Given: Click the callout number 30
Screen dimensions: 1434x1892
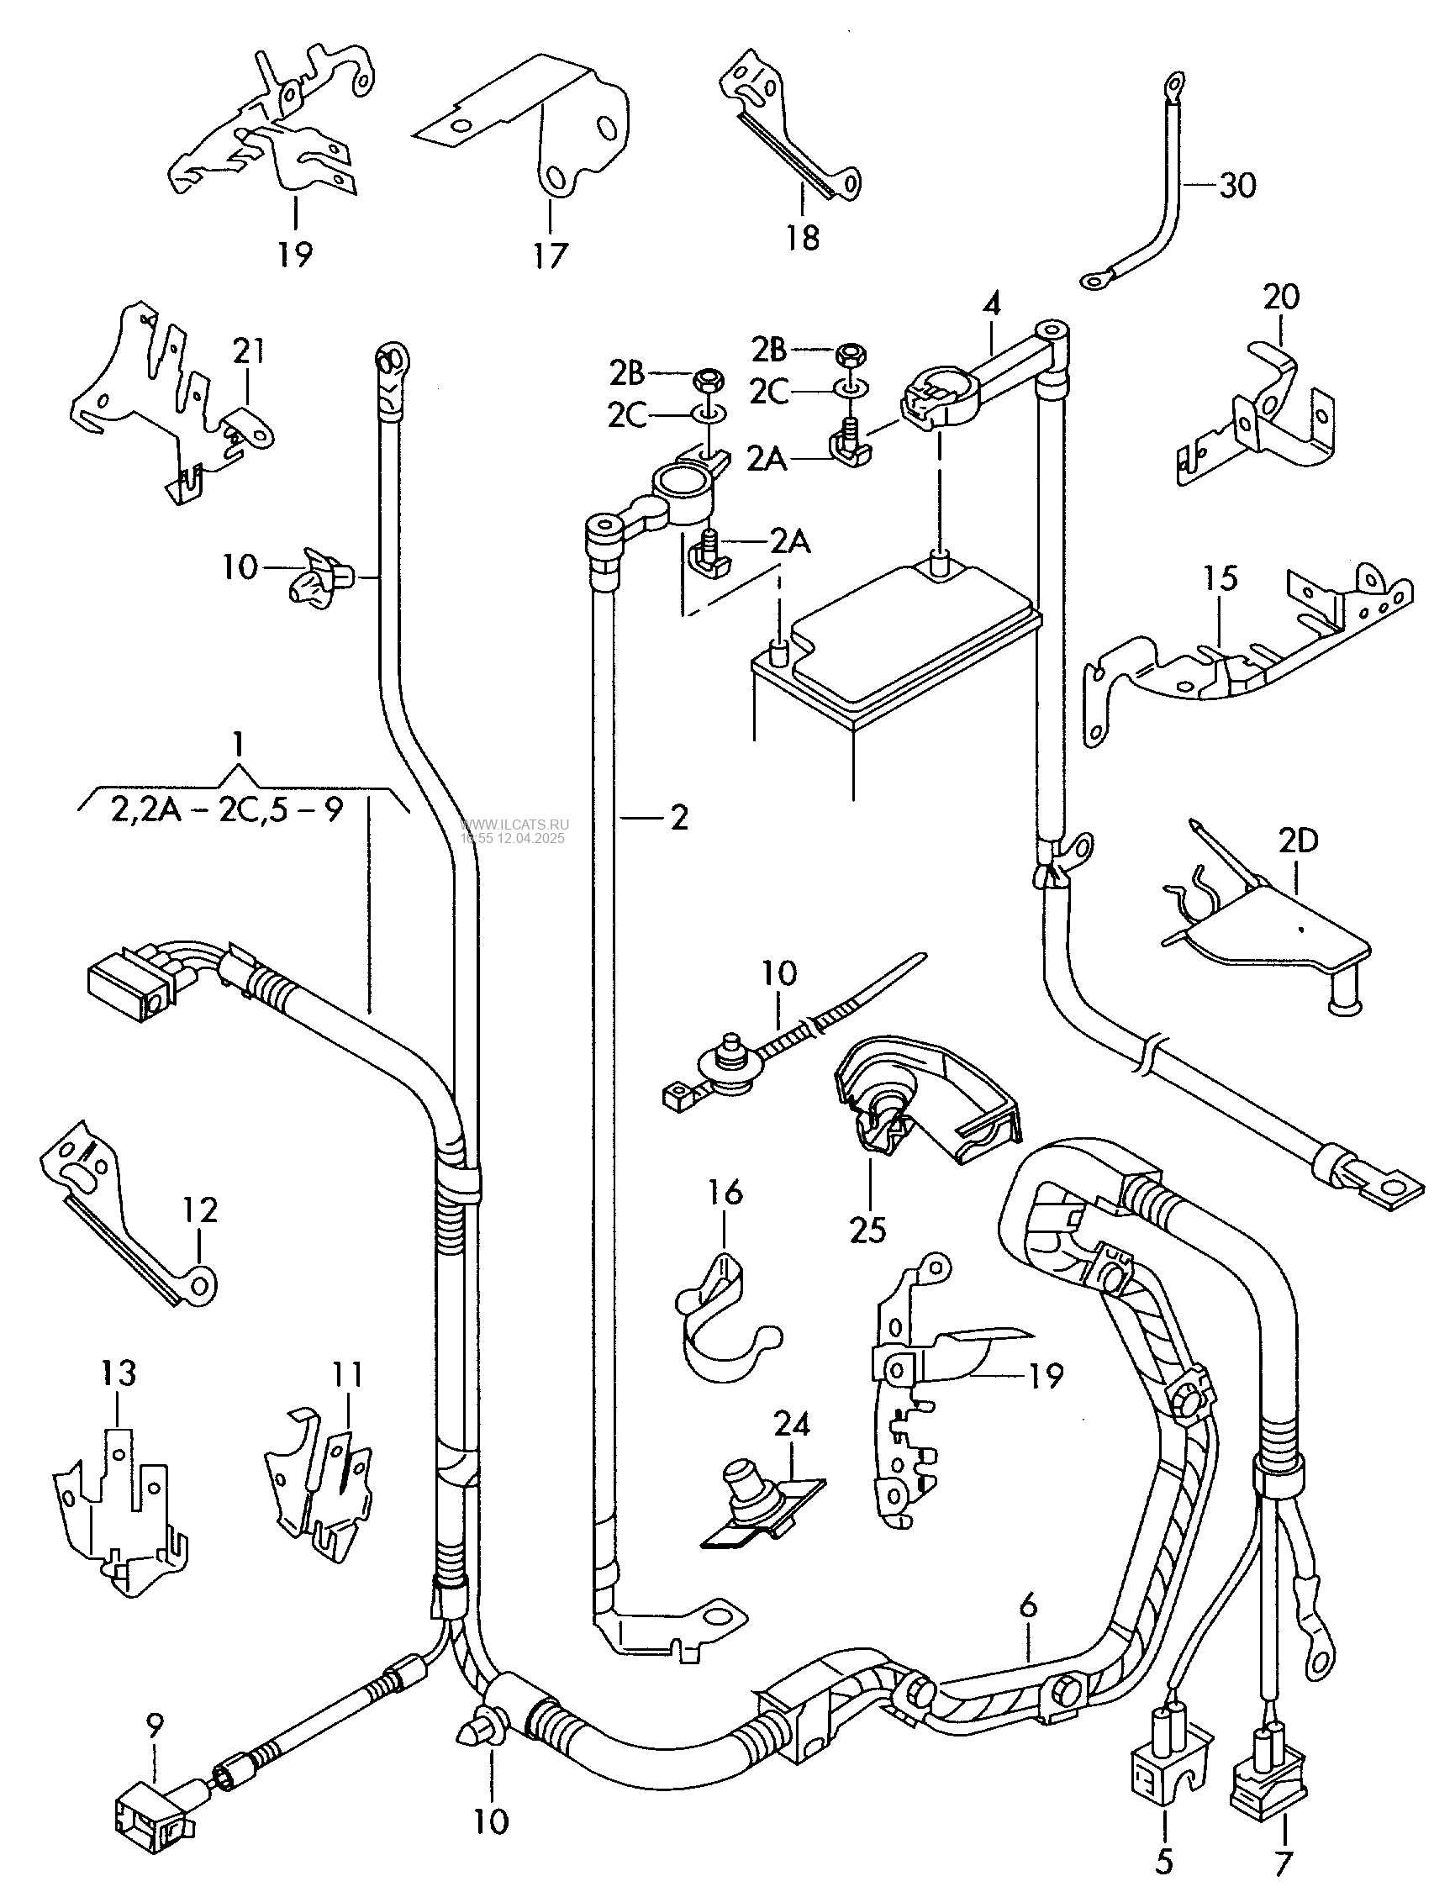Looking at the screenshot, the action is coord(1238,186).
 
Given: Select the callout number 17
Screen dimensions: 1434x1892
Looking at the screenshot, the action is coord(551,255).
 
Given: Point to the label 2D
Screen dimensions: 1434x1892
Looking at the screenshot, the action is coord(1298,841).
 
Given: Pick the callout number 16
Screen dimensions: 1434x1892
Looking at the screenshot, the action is coord(725,1193).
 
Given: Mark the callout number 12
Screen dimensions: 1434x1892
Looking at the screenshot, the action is coord(200,1210).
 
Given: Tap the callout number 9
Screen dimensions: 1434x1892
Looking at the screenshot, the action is coord(154,1705).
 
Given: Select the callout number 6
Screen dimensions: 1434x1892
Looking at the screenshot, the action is coord(1029,1605).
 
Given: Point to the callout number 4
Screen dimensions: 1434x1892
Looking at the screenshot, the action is coord(992,304).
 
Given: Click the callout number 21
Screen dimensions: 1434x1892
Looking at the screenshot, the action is coord(248,351).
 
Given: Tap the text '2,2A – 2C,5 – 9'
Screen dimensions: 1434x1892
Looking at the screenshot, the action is coord(227,809).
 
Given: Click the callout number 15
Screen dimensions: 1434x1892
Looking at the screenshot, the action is coord(1222,579).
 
